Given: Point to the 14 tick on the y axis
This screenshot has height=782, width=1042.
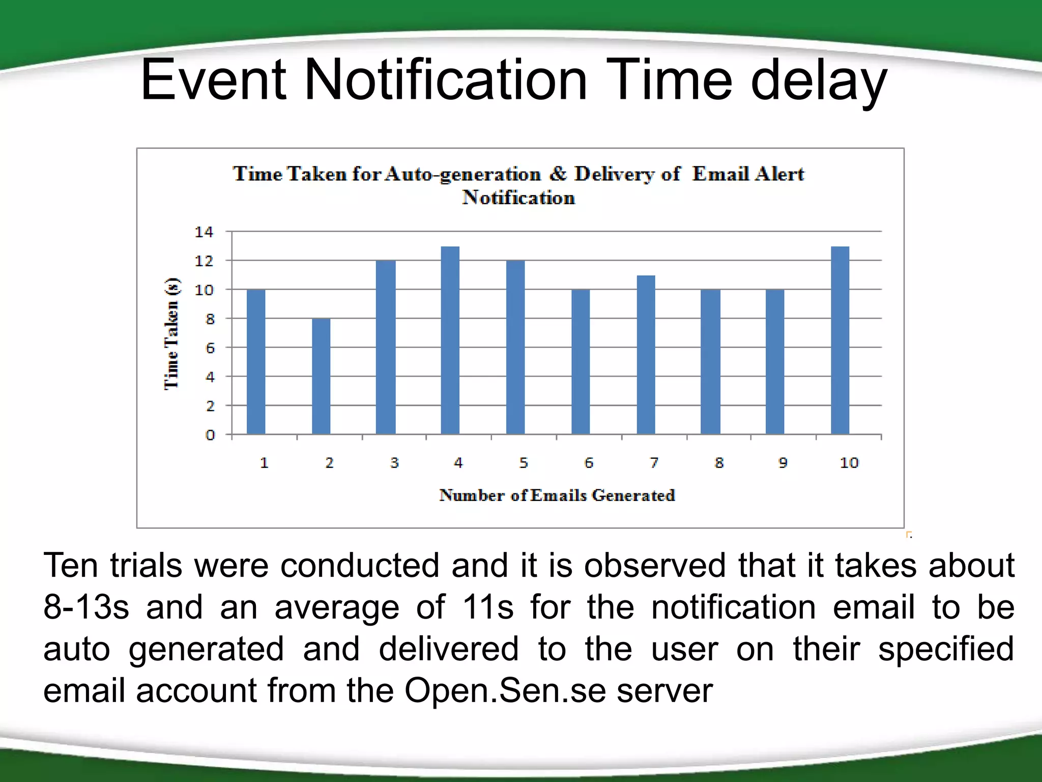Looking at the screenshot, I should (204, 232).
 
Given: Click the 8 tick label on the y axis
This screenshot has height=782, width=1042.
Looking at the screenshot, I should (210, 319).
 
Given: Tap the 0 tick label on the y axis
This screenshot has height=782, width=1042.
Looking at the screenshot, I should (210, 435).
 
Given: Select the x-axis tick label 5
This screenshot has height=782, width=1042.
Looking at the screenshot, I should (524, 463).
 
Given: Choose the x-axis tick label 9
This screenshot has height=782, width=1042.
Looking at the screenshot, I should (783, 463).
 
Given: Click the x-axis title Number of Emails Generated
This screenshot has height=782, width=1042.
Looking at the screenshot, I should (557, 495).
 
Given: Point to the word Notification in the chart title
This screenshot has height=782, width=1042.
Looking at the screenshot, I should (518, 198).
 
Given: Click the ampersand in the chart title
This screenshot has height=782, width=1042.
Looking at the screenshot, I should (558, 174).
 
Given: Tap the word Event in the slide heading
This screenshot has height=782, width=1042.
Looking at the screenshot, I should (213, 80).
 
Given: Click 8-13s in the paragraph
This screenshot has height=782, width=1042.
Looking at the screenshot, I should (86, 607).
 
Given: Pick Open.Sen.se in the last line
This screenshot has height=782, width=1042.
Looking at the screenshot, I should (505, 691).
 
